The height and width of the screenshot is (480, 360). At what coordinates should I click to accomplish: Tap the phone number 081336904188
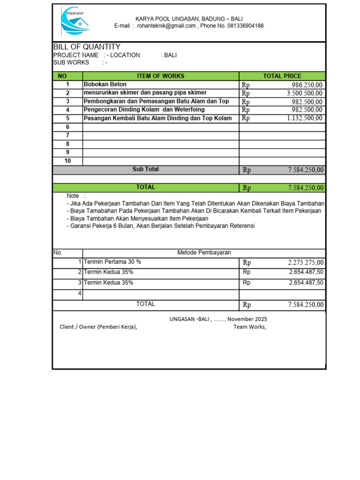pos(239,26)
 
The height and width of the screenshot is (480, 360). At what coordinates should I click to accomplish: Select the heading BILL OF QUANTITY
pos(87,47)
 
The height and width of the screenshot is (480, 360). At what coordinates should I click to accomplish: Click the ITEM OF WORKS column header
pos(160,76)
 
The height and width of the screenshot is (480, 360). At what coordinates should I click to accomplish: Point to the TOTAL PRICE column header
pos(282,76)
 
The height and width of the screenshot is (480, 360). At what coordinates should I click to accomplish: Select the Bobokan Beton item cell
pos(105,85)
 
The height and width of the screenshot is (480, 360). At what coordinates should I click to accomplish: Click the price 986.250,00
pos(307,85)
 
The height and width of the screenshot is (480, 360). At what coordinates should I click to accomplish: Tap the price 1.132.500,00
pos(305,118)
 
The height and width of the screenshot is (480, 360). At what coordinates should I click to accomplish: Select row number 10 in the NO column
pos(67,161)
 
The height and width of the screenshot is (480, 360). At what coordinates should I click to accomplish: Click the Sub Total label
pos(145,169)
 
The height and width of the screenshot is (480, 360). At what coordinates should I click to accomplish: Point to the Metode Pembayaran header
pos(204,253)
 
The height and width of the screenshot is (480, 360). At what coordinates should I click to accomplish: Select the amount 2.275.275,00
pos(306,262)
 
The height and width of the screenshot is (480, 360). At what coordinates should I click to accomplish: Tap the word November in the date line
pos(240,319)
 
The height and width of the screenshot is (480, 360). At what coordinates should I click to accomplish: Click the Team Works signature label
pos(250,327)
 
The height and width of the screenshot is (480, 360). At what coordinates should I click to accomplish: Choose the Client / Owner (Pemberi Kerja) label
pos(98,327)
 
